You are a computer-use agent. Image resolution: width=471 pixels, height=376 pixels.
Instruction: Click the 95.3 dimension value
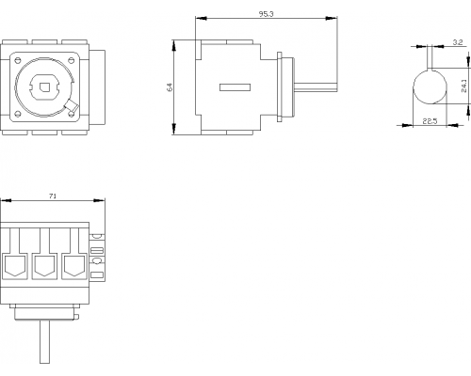click(x=267, y=14)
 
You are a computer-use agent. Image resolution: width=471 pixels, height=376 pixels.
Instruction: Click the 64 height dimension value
click(x=170, y=86)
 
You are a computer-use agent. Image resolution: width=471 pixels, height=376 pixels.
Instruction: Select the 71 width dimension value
click(x=53, y=196)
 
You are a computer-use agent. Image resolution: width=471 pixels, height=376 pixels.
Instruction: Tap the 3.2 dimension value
click(x=458, y=42)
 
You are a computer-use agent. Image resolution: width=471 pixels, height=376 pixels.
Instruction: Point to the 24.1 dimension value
click(x=464, y=86)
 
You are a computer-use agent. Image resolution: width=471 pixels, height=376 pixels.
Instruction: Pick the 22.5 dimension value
click(x=430, y=121)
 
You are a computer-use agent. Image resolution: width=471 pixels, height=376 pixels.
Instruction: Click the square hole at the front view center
click(x=44, y=86)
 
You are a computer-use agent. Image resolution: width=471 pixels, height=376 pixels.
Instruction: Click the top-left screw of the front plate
click(x=18, y=59)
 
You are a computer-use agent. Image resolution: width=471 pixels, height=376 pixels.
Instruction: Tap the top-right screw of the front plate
click(x=72, y=59)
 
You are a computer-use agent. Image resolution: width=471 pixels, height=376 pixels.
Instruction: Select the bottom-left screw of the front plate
click(x=18, y=114)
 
